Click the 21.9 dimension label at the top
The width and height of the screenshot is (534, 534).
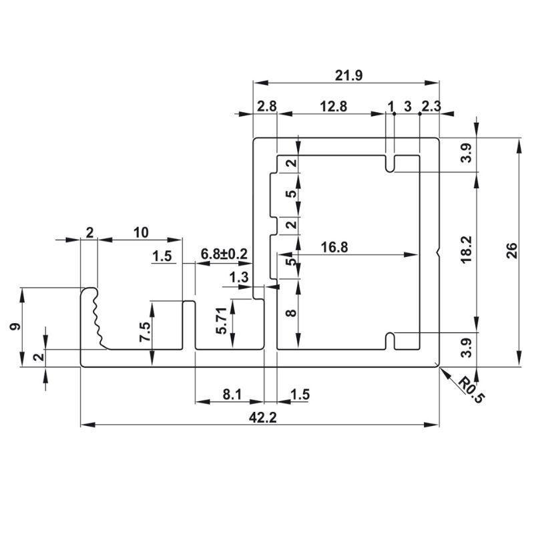coord(348,75)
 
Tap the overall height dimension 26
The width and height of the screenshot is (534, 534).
coord(511,250)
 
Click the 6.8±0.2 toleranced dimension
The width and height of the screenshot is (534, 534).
coord(224,255)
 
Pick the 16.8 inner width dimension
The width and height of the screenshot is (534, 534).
coord(334,247)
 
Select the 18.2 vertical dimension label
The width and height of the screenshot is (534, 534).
coord(467,248)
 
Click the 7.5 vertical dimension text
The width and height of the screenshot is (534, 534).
coord(145,331)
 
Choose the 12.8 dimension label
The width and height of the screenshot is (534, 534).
coord(333,106)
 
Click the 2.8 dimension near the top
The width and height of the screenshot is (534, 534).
coord(266,106)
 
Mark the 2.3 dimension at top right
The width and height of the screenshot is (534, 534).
coord(431,106)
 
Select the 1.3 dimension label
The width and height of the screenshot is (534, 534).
coord(238,277)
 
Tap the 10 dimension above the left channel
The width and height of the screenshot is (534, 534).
coord(140,232)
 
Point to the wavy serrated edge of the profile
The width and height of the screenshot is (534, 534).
coord(97,317)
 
